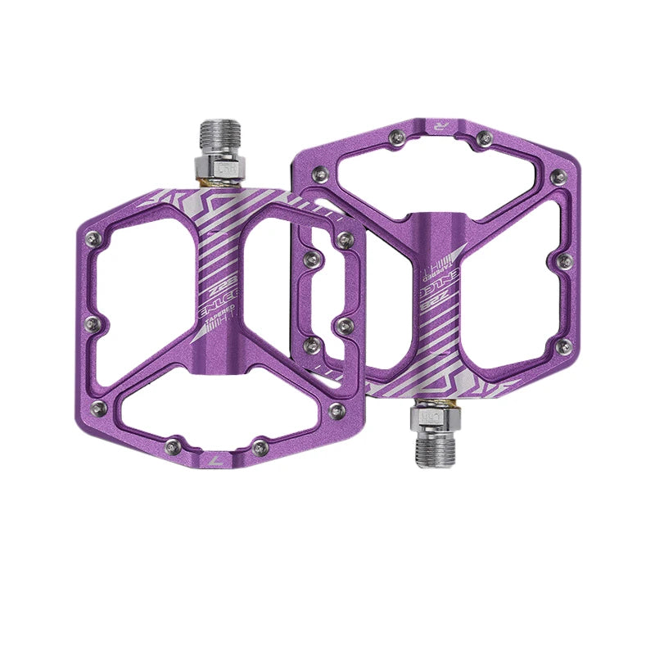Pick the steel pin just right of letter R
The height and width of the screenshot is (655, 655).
(x=483, y=136)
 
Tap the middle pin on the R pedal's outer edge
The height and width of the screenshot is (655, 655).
(x=563, y=262)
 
